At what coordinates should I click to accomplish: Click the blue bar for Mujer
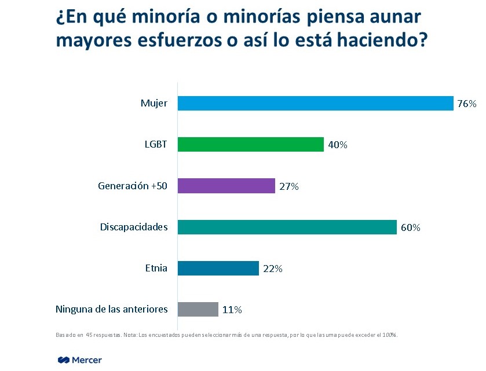coord(315,103)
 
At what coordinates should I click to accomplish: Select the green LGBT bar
coord(250,144)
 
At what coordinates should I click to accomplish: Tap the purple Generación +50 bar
coord(226,186)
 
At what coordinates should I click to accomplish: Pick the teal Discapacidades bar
coord(287,227)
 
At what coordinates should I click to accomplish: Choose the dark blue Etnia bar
coord(218,269)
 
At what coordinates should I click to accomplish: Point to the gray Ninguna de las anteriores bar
coord(198,310)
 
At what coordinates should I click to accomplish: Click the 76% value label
coord(466,104)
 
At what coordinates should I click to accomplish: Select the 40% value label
coord(337,145)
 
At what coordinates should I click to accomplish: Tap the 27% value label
coord(288,186)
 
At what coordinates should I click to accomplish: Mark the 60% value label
coord(410,228)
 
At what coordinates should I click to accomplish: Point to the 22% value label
coord(272,269)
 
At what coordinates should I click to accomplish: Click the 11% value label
coord(232,310)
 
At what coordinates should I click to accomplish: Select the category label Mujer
coord(154,103)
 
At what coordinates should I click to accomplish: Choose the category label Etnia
coord(156,268)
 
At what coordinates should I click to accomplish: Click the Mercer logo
coord(80,360)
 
